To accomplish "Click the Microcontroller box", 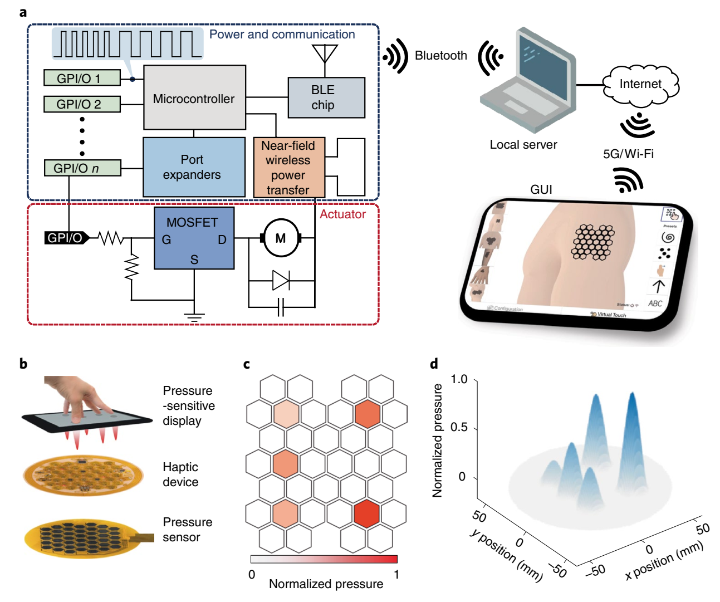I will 194,98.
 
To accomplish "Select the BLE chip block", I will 326,97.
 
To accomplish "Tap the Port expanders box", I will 193,167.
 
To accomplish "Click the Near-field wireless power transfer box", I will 288,168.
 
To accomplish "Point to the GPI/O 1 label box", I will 82,78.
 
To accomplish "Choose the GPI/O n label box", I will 82,168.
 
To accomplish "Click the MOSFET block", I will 194,238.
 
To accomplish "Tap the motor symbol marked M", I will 281,238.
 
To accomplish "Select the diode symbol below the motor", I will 280,281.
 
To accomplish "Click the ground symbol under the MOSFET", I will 194,318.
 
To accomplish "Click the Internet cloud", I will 640,85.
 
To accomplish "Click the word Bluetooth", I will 441,56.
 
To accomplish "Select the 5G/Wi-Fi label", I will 628,154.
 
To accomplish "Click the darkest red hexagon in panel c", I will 366,513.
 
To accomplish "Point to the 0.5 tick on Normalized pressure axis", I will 459,428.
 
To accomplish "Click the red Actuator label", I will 342,214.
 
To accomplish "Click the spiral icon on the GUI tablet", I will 668,238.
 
